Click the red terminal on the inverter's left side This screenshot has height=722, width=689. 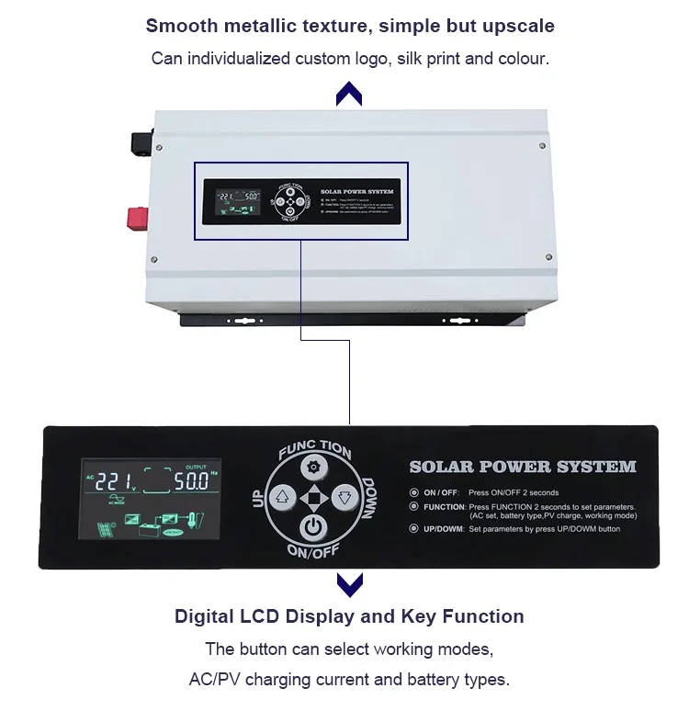coord(139,217)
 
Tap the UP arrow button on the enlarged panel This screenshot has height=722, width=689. coord(283,497)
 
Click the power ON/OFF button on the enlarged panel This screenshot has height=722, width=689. coord(314,527)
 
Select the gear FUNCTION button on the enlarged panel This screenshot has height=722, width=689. coord(314,467)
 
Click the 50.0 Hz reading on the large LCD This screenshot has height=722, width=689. coord(191,481)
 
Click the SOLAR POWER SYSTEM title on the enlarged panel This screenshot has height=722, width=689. coord(522,467)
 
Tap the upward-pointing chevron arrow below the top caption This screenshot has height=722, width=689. coord(348,92)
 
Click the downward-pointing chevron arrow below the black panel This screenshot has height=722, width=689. coord(348,582)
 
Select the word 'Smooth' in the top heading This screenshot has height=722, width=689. coord(180,26)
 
